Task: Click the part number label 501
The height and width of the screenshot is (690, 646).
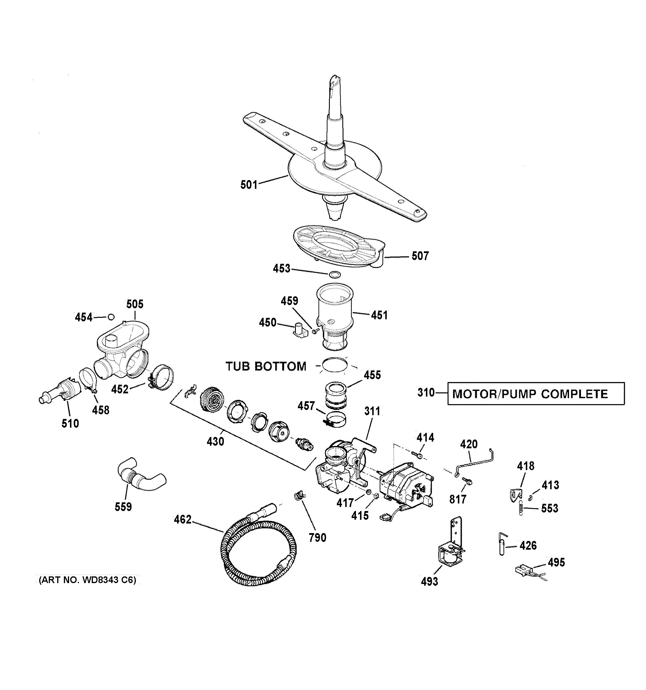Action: (249, 185)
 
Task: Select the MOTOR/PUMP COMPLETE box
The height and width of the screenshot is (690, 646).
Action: (536, 394)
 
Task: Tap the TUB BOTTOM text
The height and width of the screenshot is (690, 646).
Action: (266, 366)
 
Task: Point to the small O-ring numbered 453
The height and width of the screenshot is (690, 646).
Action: (334, 275)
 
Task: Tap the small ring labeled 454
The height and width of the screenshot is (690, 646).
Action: (111, 317)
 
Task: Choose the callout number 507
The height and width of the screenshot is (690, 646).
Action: (420, 256)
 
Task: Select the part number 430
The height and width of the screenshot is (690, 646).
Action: (215, 442)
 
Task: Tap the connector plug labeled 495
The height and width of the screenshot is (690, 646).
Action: (524, 569)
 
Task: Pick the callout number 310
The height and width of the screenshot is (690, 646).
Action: (426, 393)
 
